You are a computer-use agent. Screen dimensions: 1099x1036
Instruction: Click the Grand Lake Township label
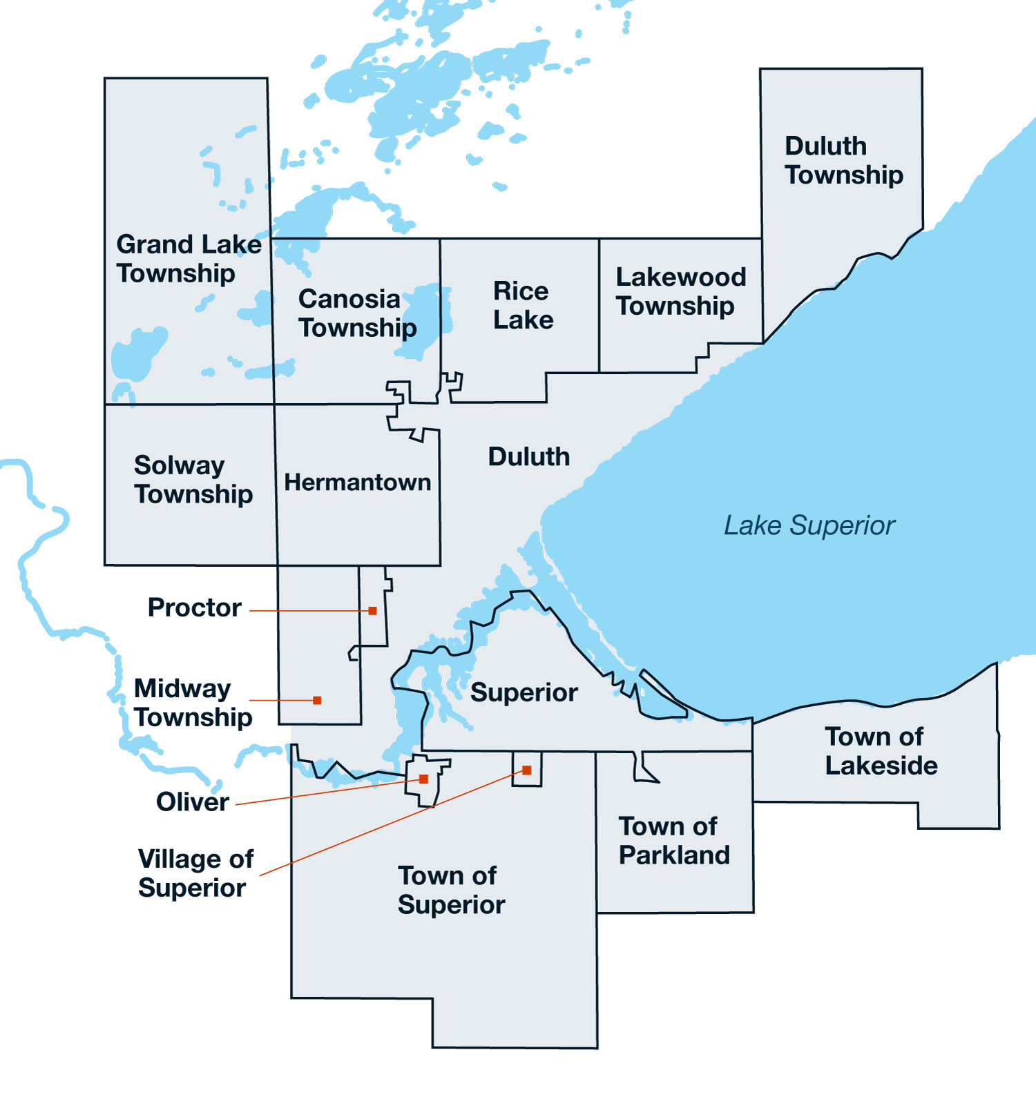click(188, 259)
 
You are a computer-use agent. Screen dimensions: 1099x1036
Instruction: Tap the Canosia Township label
click(356, 313)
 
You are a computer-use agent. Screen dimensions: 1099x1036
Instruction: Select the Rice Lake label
click(523, 305)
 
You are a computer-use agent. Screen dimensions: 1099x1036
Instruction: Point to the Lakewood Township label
click(680, 291)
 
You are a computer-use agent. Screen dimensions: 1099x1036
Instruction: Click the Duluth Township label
click(843, 160)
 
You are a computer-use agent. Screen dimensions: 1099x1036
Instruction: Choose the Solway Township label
click(193, 480)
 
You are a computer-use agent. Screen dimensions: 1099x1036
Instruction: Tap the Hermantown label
click(357, 482)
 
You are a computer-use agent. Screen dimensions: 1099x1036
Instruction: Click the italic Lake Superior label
click(809, 525)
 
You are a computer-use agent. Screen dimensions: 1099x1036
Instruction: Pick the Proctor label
click(195, 607)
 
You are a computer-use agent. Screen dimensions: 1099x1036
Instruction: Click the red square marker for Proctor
click(373, 611)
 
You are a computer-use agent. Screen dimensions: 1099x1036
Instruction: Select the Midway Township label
click(193, 703)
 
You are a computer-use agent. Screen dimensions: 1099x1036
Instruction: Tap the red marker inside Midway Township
click(317, 701)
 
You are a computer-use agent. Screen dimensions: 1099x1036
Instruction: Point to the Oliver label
click(192, 802)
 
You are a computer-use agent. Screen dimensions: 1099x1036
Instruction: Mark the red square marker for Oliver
click(424, 779)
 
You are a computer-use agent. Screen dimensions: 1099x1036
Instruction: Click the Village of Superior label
click(195, 873)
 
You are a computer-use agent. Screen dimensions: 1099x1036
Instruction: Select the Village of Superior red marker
click(527, 770)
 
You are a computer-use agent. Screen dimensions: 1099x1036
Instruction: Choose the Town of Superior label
click(450, 891)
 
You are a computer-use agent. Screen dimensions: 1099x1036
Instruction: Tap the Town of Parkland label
click(674, 841)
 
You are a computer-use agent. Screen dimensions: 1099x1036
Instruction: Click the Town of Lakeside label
click(881, 751)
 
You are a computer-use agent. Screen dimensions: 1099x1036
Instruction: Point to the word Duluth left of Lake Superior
click(529, 457)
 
